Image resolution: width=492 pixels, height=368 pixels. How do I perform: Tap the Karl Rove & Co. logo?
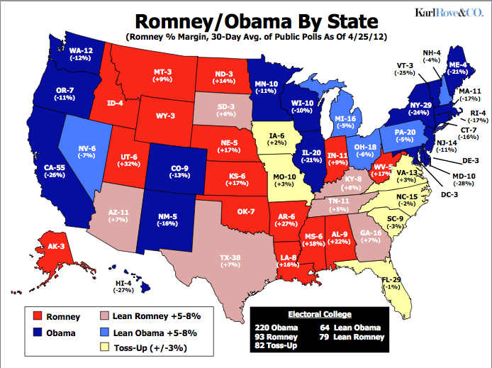[442, 12]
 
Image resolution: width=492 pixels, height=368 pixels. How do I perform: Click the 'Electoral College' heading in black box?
[318, 313]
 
